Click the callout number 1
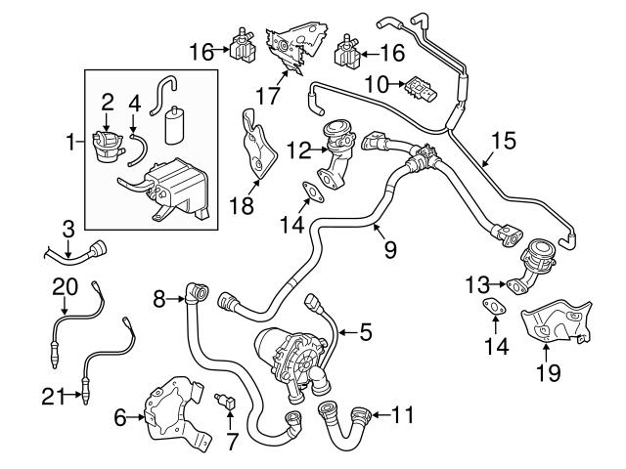click(69, 144)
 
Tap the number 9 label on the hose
click(389, 250)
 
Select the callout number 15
click(502, 140)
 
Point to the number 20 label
click(64, 285)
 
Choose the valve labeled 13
click(530, 267)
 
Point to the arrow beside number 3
click(67, 248)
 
